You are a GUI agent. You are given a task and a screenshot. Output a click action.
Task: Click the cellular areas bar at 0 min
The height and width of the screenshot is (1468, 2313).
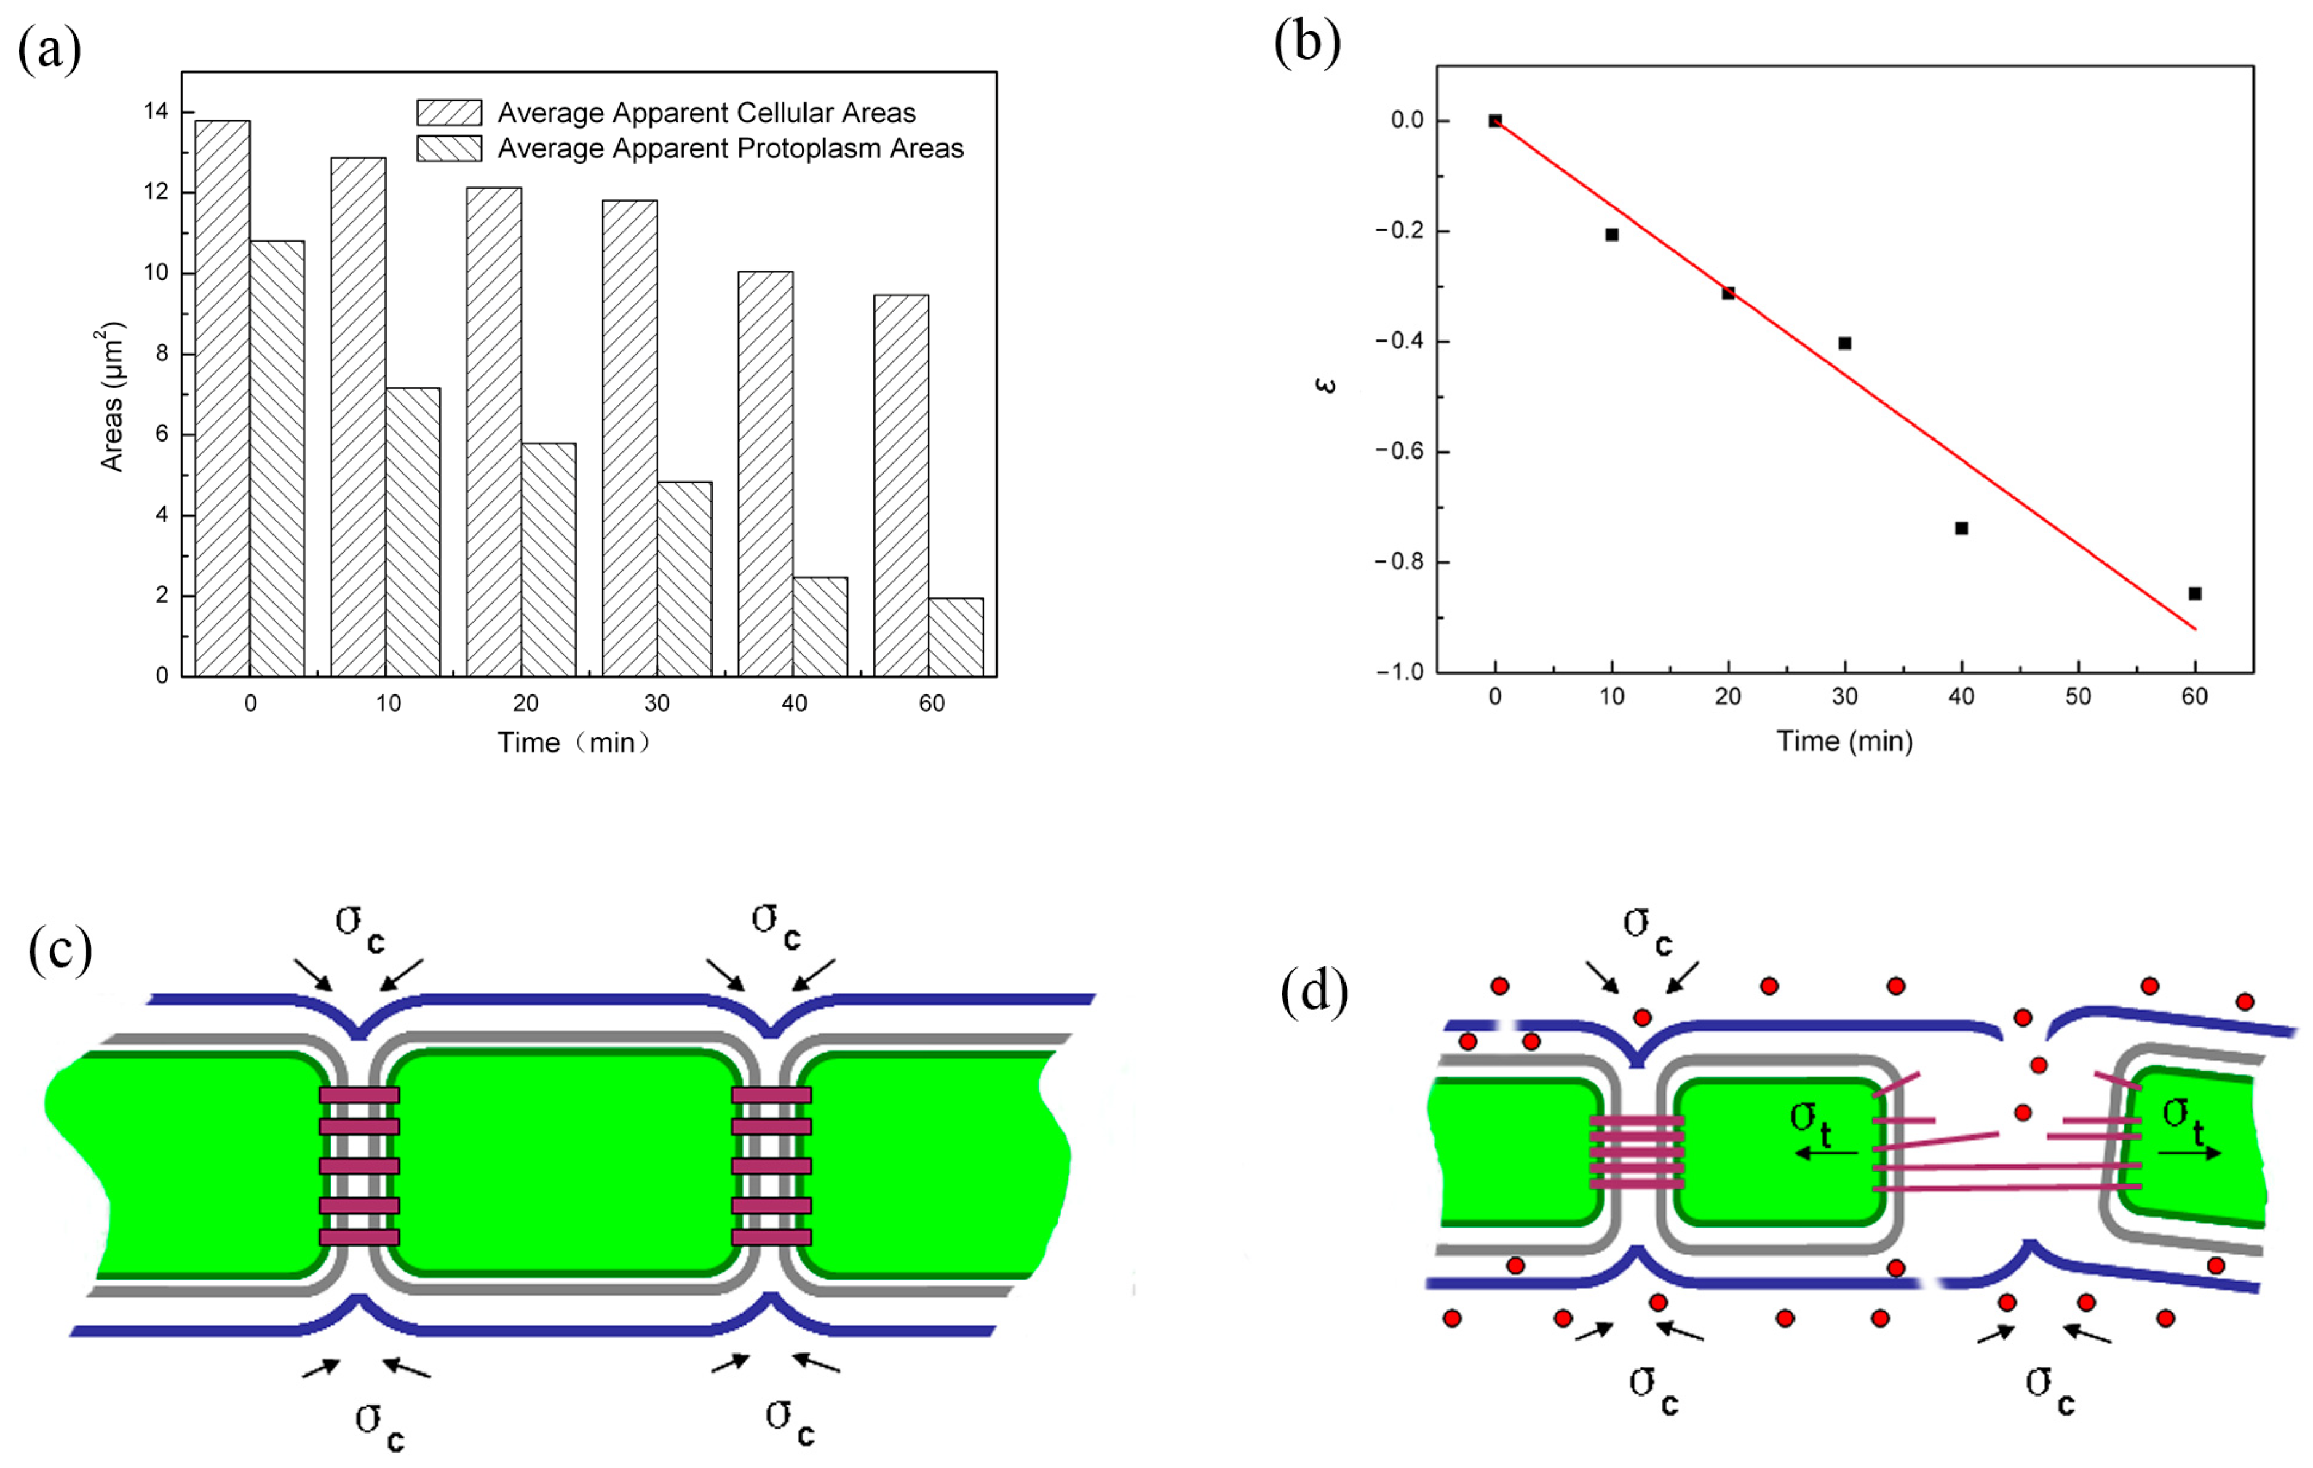pos(222,398)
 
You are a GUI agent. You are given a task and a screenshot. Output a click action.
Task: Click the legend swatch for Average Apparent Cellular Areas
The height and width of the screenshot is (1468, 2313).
pos(448,113)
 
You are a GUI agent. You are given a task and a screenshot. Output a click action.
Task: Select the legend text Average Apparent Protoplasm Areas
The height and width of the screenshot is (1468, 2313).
pos(730,149)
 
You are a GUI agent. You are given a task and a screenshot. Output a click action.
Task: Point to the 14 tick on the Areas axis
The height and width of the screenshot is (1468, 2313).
pos(156,111)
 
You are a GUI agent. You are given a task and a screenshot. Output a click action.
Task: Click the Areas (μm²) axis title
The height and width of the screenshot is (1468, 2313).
pos(113,396)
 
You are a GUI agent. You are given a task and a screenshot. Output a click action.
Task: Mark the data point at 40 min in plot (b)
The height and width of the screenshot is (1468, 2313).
pos(1961,528)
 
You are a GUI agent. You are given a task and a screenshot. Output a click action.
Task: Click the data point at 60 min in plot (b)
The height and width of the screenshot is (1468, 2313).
pos(2195,593)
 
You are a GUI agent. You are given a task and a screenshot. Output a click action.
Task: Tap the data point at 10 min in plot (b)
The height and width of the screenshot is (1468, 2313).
pos(1612,234)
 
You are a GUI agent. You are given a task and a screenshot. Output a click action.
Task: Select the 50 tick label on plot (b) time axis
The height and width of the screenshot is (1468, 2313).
pos(2077,697)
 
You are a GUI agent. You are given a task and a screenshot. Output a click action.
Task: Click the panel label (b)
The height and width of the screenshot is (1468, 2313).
pos(1306,42)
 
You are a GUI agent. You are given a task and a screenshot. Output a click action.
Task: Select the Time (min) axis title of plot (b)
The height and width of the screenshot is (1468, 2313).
pos(1844,742)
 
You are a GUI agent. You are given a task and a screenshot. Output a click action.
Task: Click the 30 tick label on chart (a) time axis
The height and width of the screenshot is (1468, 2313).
pos(657,704)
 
